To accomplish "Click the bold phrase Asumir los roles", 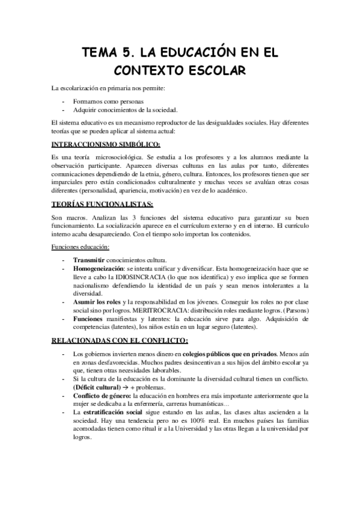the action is (x=96, y=300).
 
